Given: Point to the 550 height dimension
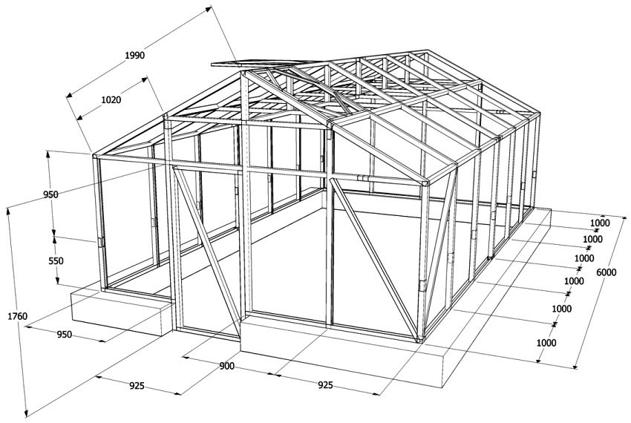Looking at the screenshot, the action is tap(35, 260).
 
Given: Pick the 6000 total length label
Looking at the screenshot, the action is tap(606, 273).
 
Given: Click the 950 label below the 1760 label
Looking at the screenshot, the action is tap(64, 335).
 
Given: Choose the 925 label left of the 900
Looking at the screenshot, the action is tap(137, 386).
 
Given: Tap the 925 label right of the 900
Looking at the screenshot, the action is tap(324, 385).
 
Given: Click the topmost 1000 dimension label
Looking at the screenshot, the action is tap(600, 223).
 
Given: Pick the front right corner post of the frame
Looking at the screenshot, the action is tap(426, 260).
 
